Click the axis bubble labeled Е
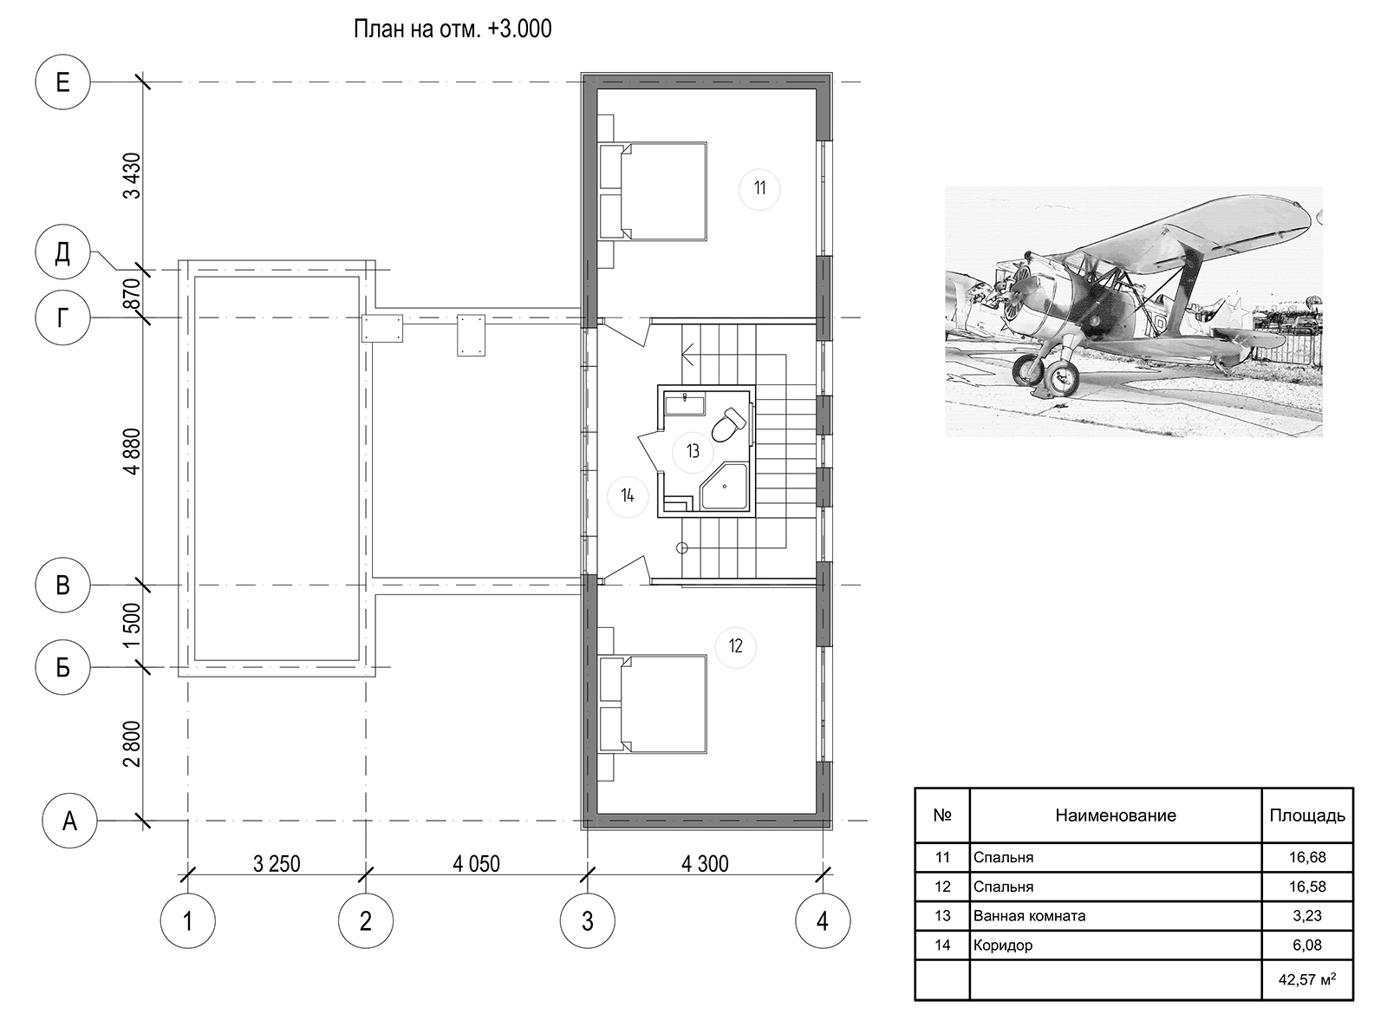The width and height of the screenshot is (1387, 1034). (62, 82)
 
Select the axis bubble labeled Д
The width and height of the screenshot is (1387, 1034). (62, 252)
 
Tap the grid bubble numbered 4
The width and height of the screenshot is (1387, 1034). (823, 920)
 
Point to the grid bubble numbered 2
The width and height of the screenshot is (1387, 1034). (366, 920)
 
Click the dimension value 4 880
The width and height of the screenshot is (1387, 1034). (132, 451)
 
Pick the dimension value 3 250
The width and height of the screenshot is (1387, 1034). (277, 864)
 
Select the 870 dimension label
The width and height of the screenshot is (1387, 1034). (132, 293)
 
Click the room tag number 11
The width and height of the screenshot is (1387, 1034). (759, 188)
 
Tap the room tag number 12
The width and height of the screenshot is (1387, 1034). (735, 646)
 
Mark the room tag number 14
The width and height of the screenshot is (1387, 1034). (628, 496)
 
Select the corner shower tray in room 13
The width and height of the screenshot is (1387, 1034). (724, 487)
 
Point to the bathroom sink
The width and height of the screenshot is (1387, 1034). (685, 403)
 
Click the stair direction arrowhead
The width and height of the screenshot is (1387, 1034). (688, 354)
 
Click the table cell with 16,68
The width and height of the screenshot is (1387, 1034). (1307, 857)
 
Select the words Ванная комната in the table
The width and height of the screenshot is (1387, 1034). (1029, 916)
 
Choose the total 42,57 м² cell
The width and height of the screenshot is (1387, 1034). (1307, 979)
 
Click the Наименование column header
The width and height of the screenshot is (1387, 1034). (1116, 815)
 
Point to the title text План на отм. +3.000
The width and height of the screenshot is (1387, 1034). (453, 29)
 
